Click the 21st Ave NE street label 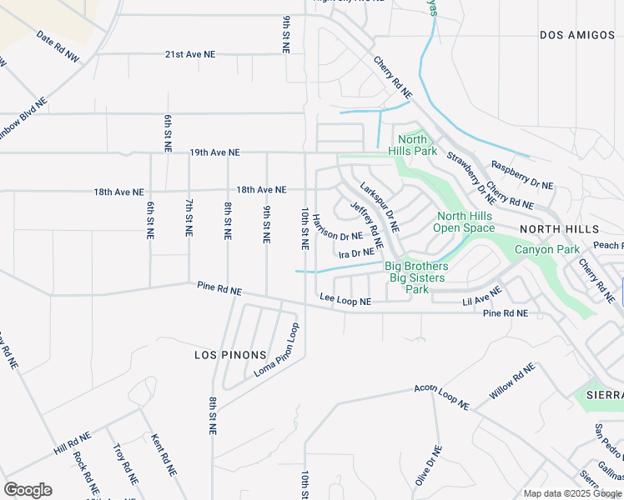189,53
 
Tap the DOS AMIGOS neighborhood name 576,35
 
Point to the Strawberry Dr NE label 471,172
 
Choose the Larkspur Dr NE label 380,207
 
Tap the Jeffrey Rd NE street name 366,226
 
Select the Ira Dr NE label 355,252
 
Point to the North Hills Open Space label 465,222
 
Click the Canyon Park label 546,249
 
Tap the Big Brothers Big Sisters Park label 416,277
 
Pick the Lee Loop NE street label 345,297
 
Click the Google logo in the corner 28,489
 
